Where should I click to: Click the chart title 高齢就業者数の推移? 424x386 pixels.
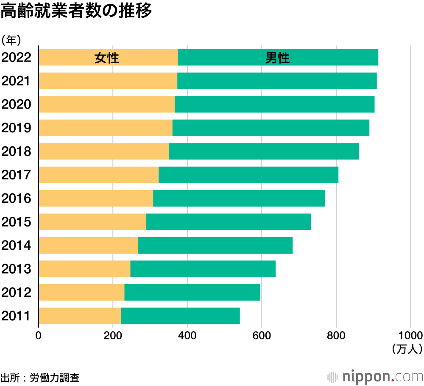pyautogui.click(x=76, y=12)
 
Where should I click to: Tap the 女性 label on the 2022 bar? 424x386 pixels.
pyautogui.click(x=106, y=58)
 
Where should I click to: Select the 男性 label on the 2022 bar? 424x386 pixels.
pyautogui.click(x=277, y=58)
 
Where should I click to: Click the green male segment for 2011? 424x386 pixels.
pyautogui.click(x=180, y=316)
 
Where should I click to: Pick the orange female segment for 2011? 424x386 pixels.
pyautogui.click(x=80, y=316)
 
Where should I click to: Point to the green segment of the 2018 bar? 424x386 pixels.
pyautogui.click(x=264, y=151)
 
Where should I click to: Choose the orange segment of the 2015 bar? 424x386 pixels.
pyautogui.click(x=92, y=222)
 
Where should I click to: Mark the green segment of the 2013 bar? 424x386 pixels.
pyautogui.click(x=203, y=269)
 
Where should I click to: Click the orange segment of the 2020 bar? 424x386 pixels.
pyautogui.click(x=106, y=104)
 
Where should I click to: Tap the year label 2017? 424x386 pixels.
pyautogui.click(x=17, y=175)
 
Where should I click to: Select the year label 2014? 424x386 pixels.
pyautogui.click(x=17, y=245)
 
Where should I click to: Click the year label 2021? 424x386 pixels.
pyautogui.click(x=17, y=81)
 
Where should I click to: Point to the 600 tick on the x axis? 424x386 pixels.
pyautogui.click(x=262, y=335)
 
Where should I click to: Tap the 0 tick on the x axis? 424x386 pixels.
pyautogui.click(x=39, y=335)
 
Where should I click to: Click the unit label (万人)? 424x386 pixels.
pyautogui.click(x=407, y=349)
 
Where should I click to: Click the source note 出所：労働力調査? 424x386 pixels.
pyautogui.click(x=40, y=377)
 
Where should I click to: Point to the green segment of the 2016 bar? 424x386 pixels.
pyautogui.click(x=239, y=199)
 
